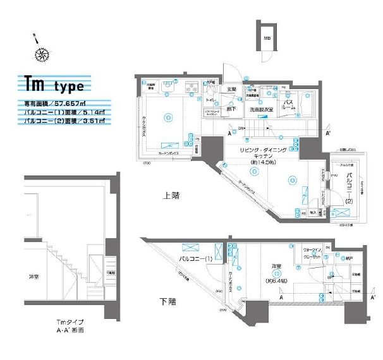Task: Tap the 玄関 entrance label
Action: tap(232, 89)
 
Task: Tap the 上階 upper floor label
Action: tap(172, 196)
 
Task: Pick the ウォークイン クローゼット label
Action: tap(313, 254)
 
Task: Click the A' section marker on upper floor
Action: tap(327, 134)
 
